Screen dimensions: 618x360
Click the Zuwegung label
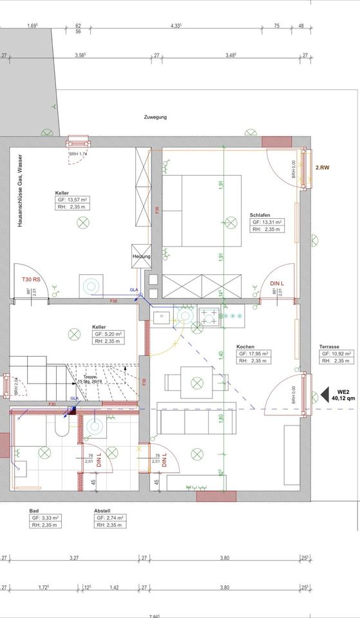point(155,117)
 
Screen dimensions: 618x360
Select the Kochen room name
point(245,346)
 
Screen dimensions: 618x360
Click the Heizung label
point(141,256)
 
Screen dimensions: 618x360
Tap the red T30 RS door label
point(31,280)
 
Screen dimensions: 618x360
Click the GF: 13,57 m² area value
point(72,201)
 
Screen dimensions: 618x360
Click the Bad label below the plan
point(34,510)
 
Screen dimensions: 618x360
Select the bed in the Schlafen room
point(202,209)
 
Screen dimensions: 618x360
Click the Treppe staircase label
point(90,377)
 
